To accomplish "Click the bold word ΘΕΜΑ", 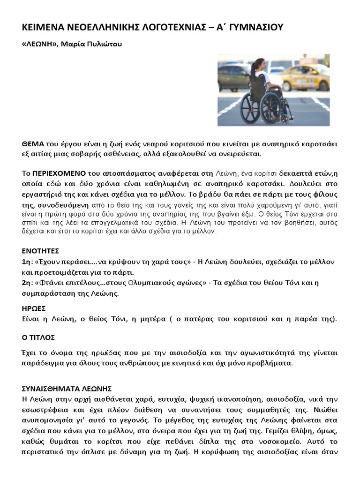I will coord(32,143).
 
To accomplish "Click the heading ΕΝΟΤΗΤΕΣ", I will coord(41,251).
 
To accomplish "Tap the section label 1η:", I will coord(27,261).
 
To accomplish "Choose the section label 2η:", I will coord(27,283).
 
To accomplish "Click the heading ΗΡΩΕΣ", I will coord(34,308).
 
